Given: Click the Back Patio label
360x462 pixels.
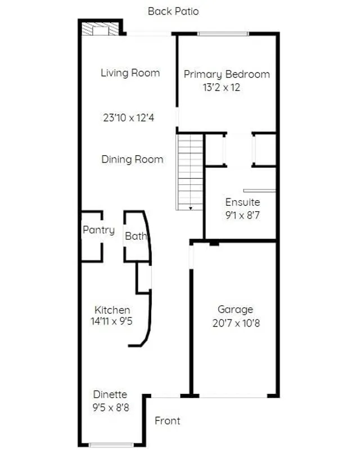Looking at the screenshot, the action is click(173, 11).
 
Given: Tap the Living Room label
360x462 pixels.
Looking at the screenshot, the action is click(130, 73).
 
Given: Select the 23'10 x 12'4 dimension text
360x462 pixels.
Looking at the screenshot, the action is click(129, 117).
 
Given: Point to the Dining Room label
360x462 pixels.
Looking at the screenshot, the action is click(132, 159).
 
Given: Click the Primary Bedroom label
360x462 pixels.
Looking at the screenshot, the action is click(227, 75).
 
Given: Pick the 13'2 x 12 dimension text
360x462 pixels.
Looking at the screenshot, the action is click(222, 87).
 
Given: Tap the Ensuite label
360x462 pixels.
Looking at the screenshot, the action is click(242, 202).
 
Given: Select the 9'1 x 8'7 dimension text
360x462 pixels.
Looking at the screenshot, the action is click(242, 215).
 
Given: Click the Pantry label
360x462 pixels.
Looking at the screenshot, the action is click(99, 230).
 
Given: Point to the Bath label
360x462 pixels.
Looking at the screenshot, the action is click(136, 235).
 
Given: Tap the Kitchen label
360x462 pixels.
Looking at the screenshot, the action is click(112, 310).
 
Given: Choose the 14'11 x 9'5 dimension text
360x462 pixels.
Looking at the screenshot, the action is click(112, 321).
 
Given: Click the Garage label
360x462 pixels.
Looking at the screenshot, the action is click(235, 310).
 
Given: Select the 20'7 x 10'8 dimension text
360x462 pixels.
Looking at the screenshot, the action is click(236, 323).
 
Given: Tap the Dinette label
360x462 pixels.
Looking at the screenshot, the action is click(110, 394).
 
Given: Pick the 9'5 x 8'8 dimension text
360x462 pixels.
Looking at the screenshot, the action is click(111, 407).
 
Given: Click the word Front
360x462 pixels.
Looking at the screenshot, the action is click(168, 421).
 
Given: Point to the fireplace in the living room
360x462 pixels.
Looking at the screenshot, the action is click(100, 29).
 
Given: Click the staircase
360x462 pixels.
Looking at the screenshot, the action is click(190, 173).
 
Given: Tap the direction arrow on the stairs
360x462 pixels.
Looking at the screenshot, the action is click(191, 209).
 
